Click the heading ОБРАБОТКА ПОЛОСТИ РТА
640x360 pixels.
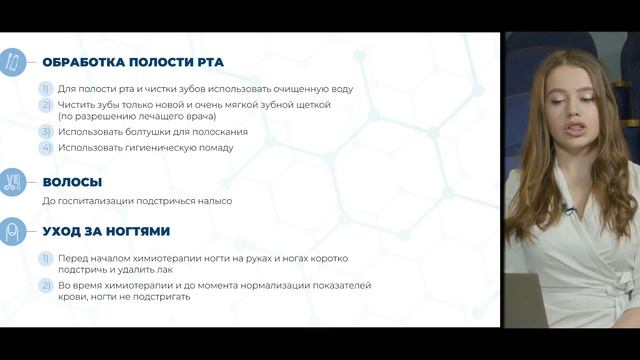(133, 62)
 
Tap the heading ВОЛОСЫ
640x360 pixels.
(72, 183)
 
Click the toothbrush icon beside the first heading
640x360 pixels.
(13, 62)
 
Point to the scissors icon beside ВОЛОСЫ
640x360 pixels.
(13, 183)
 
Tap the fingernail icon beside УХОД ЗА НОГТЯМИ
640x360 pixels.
(13, 231)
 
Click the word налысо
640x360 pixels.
(214, 201)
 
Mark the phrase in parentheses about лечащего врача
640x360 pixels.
(136, 116)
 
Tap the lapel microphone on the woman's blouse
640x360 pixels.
(567, 211)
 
